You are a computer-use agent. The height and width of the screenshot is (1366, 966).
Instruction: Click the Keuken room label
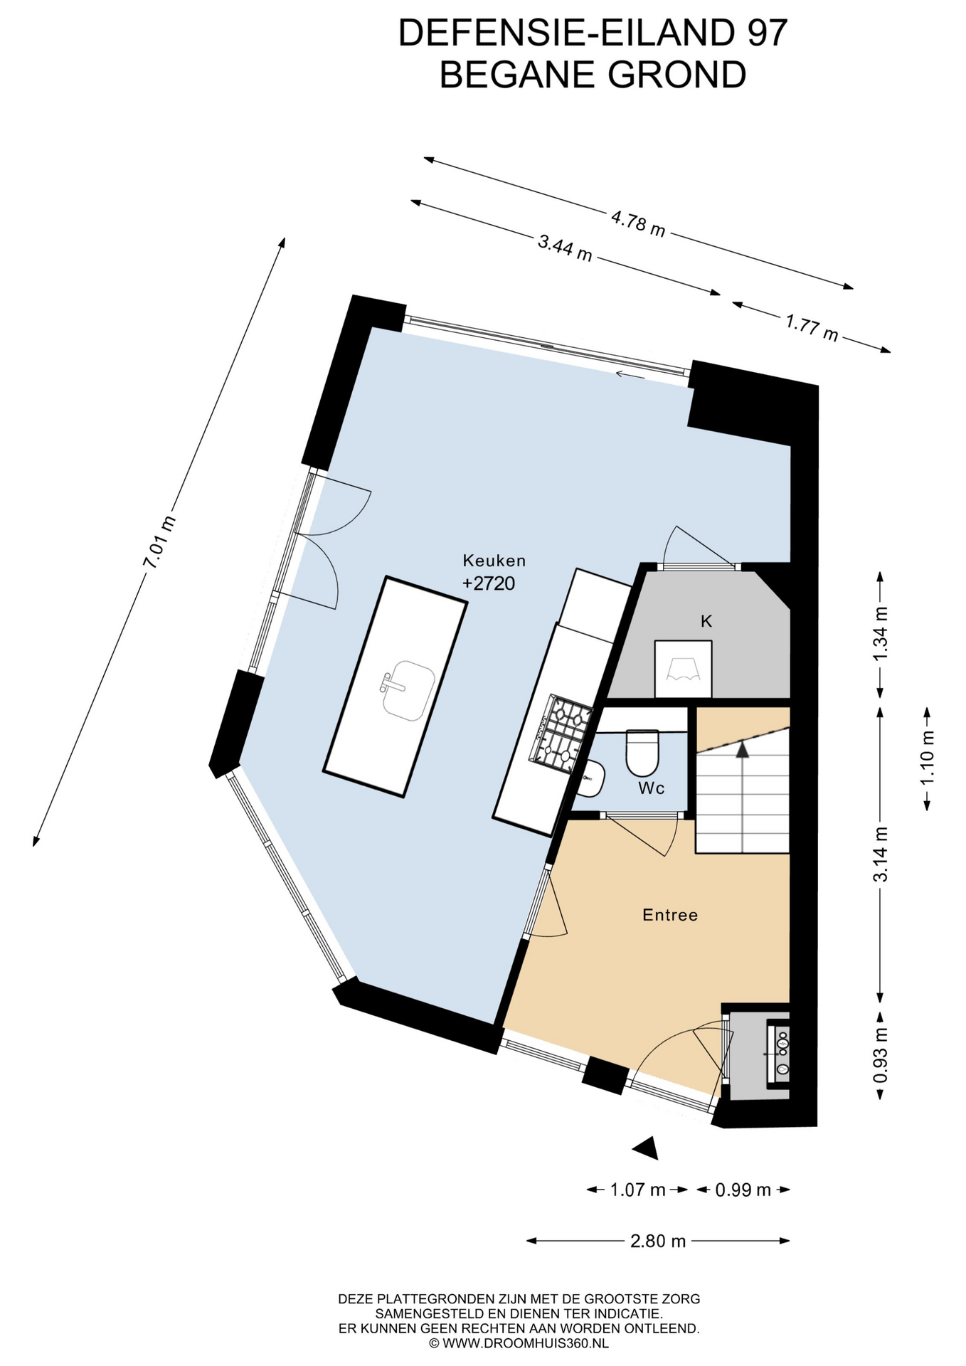pyautogui.click(x=494, y=561)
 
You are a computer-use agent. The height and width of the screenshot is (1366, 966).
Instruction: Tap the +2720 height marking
pyautogui.click(x=489, y=583)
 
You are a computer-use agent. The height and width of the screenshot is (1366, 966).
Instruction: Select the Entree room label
pyautogui.click(x=670, y=915)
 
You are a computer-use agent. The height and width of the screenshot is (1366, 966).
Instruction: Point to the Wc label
pyautogui.click(x=652, y=788)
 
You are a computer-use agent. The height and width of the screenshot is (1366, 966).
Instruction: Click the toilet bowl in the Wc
pyautogui.click(x=643, y=753)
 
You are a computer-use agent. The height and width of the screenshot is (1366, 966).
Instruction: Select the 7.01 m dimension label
pyautogui.click(x=159, y=542)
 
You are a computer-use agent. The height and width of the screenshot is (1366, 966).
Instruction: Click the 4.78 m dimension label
pyautogui.click(x=638, y=224)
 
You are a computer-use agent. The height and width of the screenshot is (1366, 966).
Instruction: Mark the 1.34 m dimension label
pyautogui.click(x=881, y=633)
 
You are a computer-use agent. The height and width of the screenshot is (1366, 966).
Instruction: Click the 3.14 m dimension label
pyautogui.click(x=881, y=854)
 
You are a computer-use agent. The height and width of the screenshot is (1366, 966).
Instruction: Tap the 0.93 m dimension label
pyautogui.click(x=881, y=1056)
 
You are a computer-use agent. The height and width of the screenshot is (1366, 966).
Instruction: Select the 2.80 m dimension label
pyautogui.click(x=658, y=1241)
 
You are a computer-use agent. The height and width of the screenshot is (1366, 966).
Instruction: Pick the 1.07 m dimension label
pyautogui.click(x=638, y=1190)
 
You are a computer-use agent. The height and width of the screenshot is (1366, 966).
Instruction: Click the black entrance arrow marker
pyautogui.click(x=647, y=1148)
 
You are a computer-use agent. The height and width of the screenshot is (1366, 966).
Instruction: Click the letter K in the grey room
pyautogui.click(x=706, y=621)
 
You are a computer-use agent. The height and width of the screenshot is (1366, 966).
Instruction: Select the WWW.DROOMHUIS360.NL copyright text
pyautogui.click(x=519, y=1343)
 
